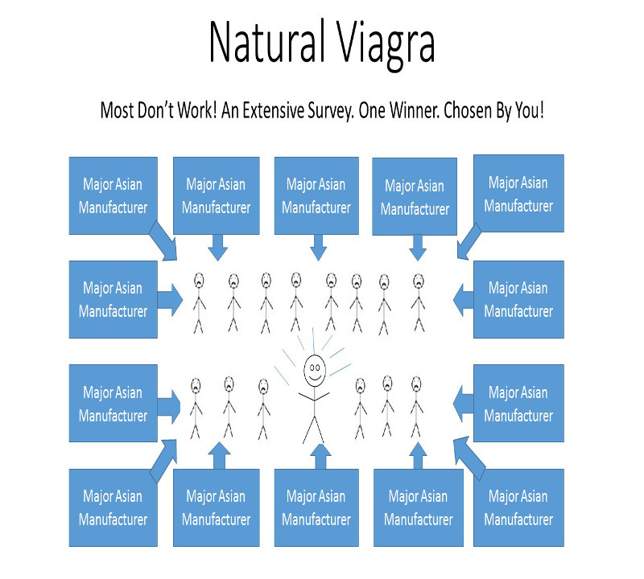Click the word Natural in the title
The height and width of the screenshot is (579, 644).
click(x=265, y=42)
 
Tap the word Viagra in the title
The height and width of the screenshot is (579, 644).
click(x=386, y=45)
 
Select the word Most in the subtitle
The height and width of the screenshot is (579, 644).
click(x=117, y=110)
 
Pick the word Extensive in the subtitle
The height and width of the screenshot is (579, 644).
click(x=273, y=110)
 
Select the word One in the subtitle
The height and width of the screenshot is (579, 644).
click(x=372, y=110)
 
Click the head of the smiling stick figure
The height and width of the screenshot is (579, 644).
click(x=315, y=370)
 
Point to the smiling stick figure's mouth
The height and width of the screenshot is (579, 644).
click(x=315, y=377)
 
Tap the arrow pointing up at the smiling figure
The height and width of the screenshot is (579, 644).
click(x=320, y=456)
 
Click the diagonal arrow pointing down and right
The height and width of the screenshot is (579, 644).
click(x=163, y=241)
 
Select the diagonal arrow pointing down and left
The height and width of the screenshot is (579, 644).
click(x=469, y=241)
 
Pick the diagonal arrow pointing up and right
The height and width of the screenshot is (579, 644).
click(x=163, y=461)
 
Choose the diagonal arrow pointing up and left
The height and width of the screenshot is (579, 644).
click(x=469, y=458)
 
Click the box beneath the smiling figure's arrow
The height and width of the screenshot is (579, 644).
click(x=316, y=507)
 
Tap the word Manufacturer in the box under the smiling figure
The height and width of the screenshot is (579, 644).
click(x=316, y=519)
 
